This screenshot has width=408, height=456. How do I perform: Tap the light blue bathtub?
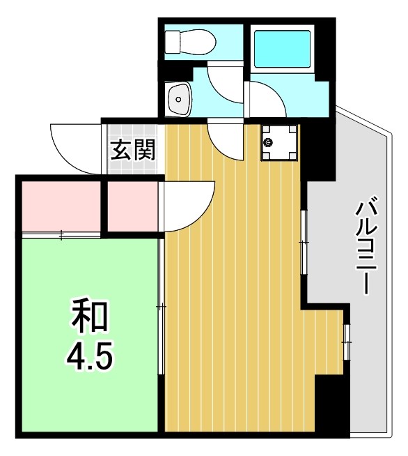point(281,49)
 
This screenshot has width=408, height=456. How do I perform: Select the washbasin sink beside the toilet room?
point(179,98)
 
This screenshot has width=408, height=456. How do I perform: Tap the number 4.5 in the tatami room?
point(90,357)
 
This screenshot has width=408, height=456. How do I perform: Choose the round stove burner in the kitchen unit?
point(269,142)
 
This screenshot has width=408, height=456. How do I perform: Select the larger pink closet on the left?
point(61,206)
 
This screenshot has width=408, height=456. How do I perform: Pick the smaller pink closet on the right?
point(132,206)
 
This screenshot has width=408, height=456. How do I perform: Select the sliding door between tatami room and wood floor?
point(161,307)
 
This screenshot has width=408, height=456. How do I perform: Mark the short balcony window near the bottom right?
point(346,342)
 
